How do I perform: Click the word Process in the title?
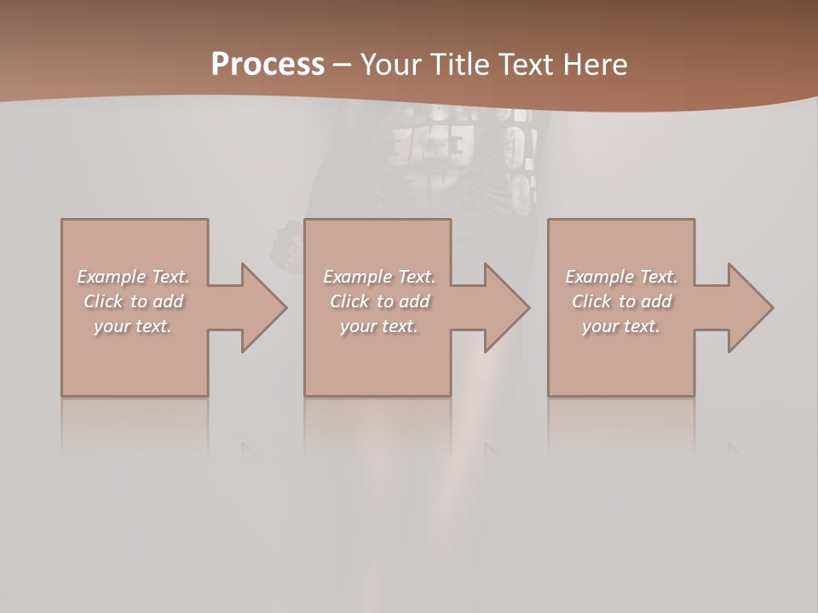point(268,64)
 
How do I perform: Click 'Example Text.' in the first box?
point(133,277)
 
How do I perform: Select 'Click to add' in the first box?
point(133,301)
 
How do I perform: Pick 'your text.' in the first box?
point(133,326)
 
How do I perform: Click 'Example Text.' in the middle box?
point(378,277)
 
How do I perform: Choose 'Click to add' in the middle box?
point(378,301)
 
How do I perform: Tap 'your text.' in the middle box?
point(378,326)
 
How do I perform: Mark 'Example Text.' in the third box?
point(621,277)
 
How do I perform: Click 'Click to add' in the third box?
point(621,301)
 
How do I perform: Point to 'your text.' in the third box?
point(621,326)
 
